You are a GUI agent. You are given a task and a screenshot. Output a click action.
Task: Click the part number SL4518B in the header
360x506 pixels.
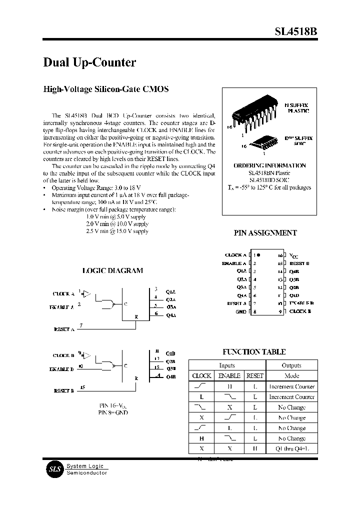click(295, 31)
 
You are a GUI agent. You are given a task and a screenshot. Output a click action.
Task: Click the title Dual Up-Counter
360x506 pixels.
click(89, 62)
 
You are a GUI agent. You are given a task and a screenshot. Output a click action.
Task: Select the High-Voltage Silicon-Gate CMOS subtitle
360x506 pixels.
click(106, 89)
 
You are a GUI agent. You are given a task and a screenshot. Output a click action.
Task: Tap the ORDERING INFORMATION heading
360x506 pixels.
click(269, 165)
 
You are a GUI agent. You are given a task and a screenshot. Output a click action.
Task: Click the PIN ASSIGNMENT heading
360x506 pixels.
click(265, 233)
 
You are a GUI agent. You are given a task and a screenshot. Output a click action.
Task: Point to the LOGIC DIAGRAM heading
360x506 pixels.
click(112, 270)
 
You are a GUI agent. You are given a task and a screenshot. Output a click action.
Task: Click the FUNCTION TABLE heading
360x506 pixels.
click(254, 352)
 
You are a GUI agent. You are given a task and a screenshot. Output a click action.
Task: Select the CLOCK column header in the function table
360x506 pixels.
click(201, 375)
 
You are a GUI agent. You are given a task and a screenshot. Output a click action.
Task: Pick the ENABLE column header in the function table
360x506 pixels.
click(229, 375)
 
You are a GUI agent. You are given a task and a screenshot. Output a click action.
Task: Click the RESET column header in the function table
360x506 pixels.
click(254, 375)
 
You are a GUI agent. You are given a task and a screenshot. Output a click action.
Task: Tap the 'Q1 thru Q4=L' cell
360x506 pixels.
click(292, 448)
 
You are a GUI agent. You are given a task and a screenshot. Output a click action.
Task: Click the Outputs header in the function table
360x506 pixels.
click(291, 365)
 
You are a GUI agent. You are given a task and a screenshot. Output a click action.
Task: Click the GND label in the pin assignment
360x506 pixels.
click(241, 312)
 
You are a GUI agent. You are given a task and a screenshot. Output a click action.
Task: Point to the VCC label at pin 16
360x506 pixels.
click(294, 255)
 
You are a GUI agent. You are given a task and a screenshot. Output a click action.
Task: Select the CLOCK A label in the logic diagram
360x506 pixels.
click(63, 294)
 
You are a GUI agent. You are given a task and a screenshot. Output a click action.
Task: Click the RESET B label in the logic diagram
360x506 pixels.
click(63, 391)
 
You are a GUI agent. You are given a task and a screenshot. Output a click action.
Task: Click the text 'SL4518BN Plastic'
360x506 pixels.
click(269, 173)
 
